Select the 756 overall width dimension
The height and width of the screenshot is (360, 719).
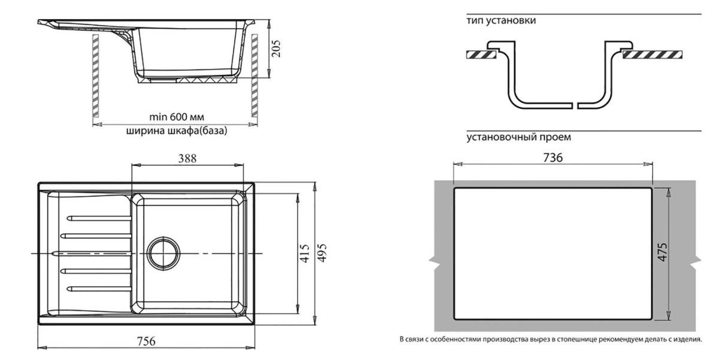[x=146, y=341]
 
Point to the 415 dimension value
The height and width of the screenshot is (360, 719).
[x=305, y=253]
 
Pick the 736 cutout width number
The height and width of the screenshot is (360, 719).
[x=552, y=158]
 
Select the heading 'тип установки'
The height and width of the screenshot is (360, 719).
[x=501, y=20]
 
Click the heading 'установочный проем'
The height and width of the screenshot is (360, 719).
[x=518, y=137]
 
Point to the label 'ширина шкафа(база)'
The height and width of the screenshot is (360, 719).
[x=177, y=131]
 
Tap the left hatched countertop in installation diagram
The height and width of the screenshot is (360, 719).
[x=481, y=55]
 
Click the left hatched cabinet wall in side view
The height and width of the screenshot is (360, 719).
[x=95, y=75]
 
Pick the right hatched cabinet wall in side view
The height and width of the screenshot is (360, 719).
[x=254, y=75]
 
